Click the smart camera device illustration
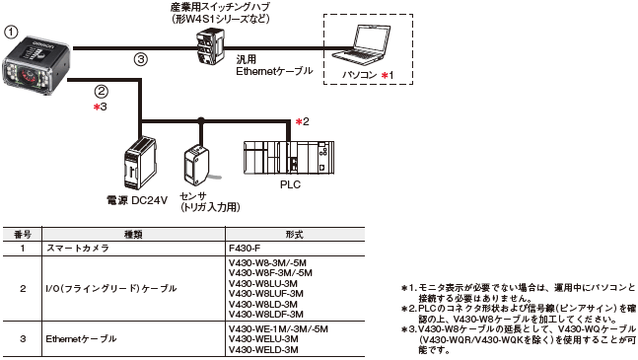pyautogui.click(x=36, y=65)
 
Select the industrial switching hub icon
pyautogui.click(x=210, y=46)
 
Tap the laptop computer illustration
pyautogui.click(x=361, y=44)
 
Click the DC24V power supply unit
pyautogui.click(x=140, y=163)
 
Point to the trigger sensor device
pyautogui.click(x=196, y=165)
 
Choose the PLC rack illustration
pyautogui.click(x=289, y=158)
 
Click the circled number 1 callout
pyautogui.click(x=11, y=33)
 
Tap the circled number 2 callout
pyautogui.click(x=101, y=91)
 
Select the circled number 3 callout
pyautogui.click(x=140, y=60)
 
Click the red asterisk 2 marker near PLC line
pyautogui.click(x=303, y=121)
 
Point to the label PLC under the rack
pyautogui.click(x=290, y=184)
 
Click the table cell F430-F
pyautogui.click(x=245, y=248)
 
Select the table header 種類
pyautogui.click(x=133, y=235)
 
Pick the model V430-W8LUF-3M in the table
pyautogui.click(x=266, y=294)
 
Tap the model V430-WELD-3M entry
pyautogui.click(x=263, y=350)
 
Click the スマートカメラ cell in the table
pyautogui.click(x=78, y=249)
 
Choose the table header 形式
pyautogui.click(x=295, y=235)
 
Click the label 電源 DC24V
pyautogui.click(x=137, y=200)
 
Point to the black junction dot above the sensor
pyautogui.click(x=200, y=120)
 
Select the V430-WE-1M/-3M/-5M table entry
pyautogui.click(x=278, y=329)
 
